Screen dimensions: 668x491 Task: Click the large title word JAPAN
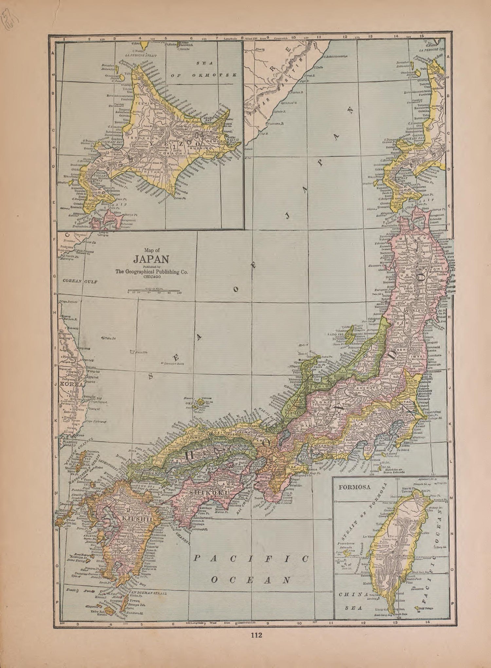pos(151,259)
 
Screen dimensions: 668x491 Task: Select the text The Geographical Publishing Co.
pos(151,271)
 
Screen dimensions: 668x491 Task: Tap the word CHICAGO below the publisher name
pos(151,277)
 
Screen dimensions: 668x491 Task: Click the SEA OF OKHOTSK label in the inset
pos(203,69)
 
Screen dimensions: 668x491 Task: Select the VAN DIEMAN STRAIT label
pos(148,594)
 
